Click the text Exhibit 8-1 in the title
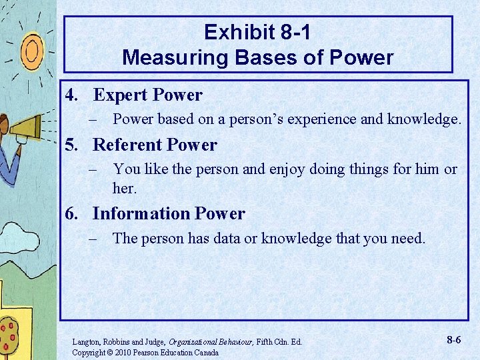pos(257,32)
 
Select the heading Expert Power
pos(147,95)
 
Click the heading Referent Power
pos(155,145)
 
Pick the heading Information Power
pos(169,214)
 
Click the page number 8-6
pos(453,340)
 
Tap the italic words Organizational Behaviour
pos(215,342)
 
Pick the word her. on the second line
pos(125,189)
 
